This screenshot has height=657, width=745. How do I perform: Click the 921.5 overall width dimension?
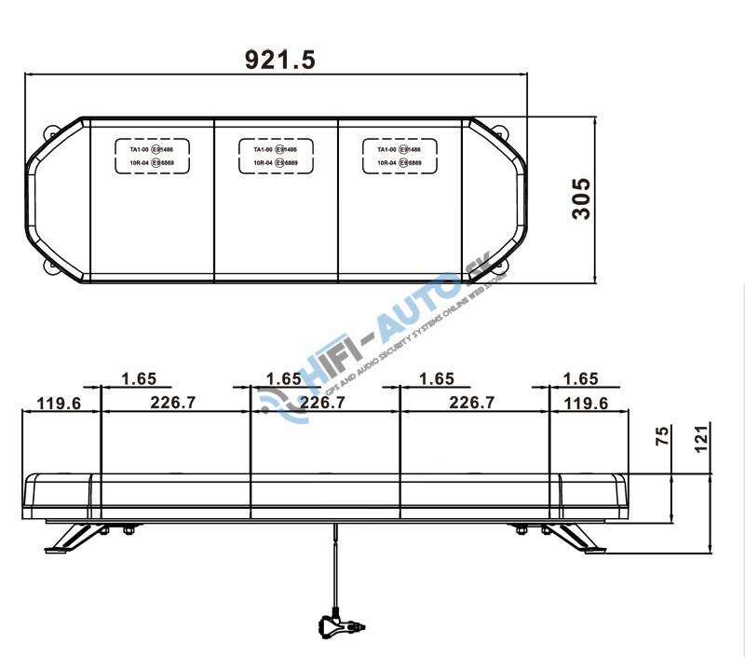(x=279, y=59)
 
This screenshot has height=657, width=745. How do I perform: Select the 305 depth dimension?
(x=581, y=198)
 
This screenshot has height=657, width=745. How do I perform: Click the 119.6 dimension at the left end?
(x=60, y=403)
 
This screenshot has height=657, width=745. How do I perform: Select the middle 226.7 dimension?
(x=322, y=403)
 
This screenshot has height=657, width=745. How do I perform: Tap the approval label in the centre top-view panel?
(x=275, y=156)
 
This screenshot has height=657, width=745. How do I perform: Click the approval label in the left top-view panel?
(x=152, y=156)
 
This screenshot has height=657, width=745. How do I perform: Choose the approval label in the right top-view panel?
(x=400, y=156)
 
